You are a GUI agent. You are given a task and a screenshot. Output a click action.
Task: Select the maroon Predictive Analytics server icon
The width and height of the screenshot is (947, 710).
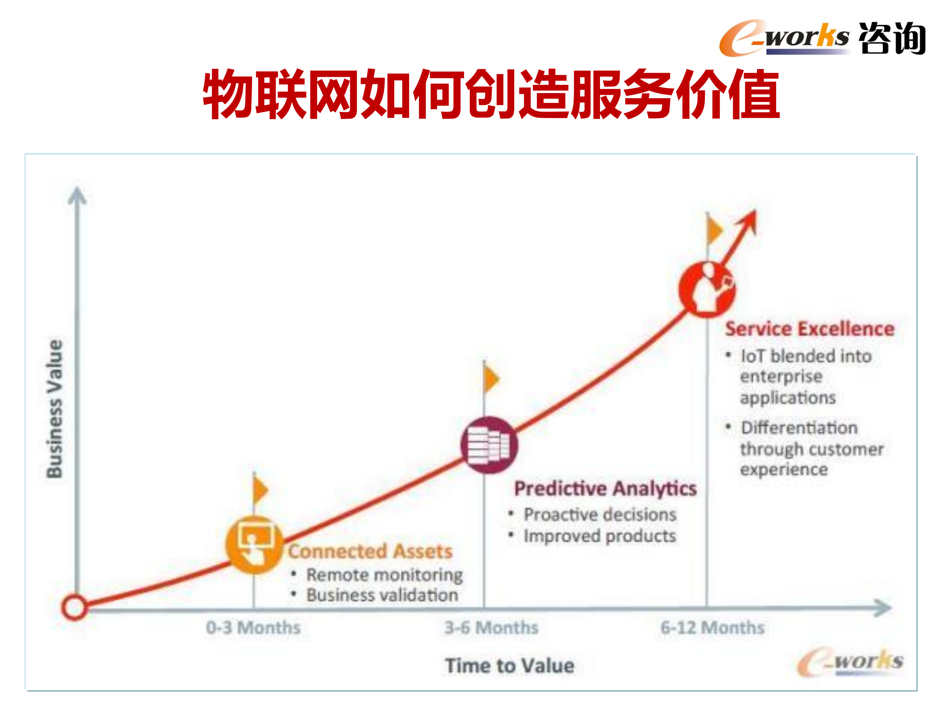click(x=489, y=445)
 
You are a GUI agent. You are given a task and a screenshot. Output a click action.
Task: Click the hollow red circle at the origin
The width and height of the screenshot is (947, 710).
click(x=74, y=607)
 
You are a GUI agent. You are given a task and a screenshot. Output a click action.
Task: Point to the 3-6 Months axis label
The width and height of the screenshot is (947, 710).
click(x=491, y=627)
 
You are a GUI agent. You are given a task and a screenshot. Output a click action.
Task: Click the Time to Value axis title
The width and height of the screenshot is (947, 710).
click(x=510, y=666)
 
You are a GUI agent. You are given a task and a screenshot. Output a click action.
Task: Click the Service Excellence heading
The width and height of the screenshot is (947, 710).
click(x=809, y=329)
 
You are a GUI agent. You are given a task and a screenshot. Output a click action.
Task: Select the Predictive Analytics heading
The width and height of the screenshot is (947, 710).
click(x=605, y=488)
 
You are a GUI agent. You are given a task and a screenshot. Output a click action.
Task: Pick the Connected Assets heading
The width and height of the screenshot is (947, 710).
click(x=370, y=551)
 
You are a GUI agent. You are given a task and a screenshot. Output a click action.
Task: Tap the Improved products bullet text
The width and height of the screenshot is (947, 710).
click(x=599, y=536)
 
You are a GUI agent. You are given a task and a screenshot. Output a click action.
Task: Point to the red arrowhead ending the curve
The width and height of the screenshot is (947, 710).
click(x=749, y=220)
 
